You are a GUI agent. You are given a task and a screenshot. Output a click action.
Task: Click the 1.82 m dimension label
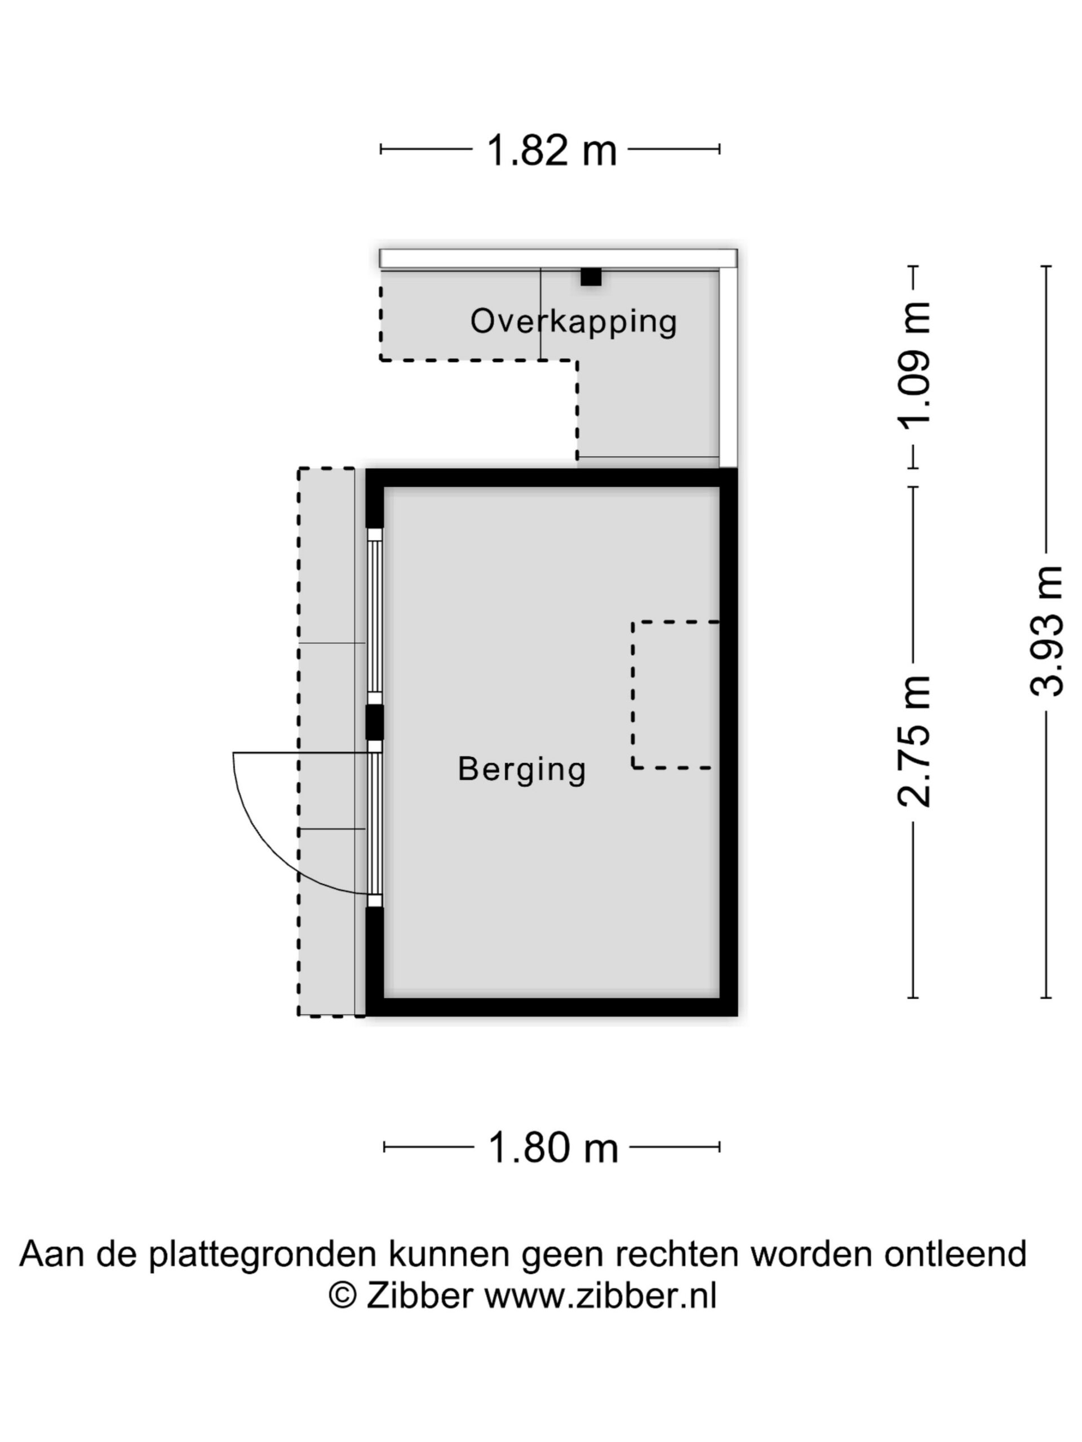551,150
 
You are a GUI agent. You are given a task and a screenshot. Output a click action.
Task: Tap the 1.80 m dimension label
553,1148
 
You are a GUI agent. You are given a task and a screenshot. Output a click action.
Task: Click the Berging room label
522,769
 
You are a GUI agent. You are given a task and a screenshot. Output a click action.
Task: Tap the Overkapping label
574,322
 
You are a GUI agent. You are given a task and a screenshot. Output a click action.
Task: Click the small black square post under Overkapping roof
591,277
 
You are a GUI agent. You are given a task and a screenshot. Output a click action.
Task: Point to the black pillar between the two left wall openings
374,722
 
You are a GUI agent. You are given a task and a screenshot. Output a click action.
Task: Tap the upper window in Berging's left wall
374,616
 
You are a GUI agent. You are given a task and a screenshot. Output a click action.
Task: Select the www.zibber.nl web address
600,1296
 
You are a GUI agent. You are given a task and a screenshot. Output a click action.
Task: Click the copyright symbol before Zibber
343,1296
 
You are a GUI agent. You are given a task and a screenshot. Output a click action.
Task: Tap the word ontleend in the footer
955,1254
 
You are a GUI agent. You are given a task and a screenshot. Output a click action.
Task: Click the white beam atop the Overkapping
558,258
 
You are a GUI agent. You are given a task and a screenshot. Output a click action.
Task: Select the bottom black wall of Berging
552,1007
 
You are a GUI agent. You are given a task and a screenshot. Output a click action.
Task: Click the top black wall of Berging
552,478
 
